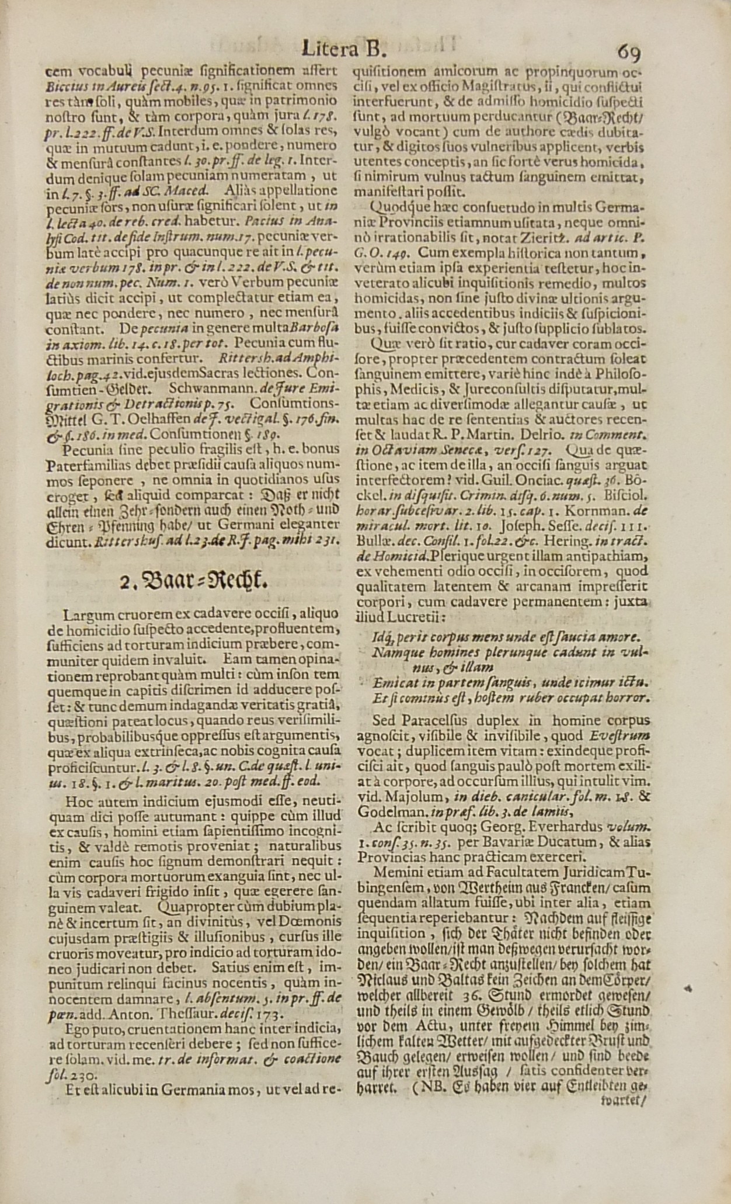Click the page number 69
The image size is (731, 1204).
(x=628, y=53)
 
